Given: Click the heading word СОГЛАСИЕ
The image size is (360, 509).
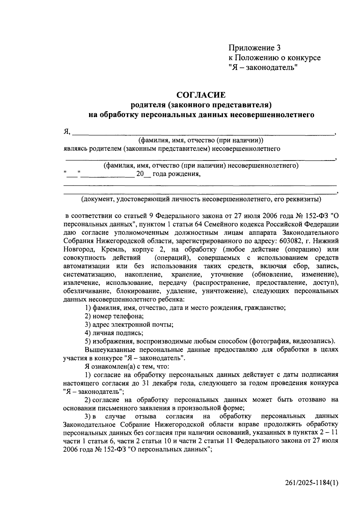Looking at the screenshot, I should tap(201, 95).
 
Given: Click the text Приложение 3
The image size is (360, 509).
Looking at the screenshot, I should tap(254, 48).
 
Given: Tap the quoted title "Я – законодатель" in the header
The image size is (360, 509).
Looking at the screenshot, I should tap(263, 68).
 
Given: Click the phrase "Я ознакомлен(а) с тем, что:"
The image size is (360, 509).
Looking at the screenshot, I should tap(127, 366).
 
